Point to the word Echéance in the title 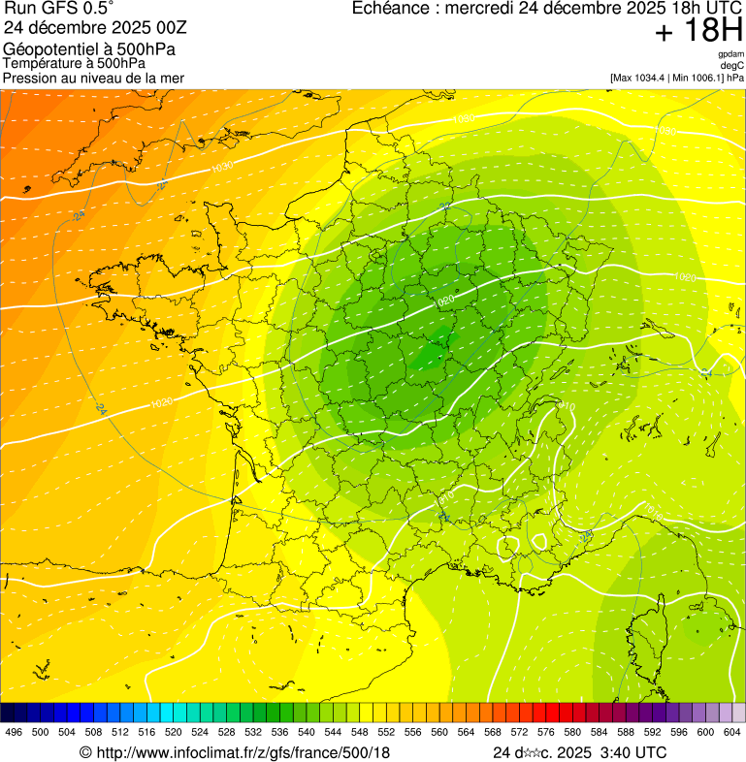click(x=392, y=9)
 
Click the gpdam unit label click(x=731, y=54)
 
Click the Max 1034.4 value click(x=639, y=78)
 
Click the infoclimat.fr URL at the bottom click(x=243, y=752)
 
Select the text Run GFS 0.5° click(x=58, y=9)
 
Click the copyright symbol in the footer click(x=85, y=752)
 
